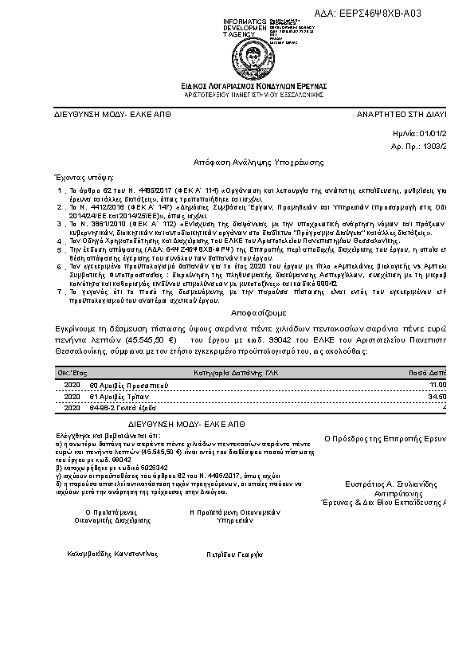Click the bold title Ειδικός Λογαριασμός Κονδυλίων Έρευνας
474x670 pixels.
248,85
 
